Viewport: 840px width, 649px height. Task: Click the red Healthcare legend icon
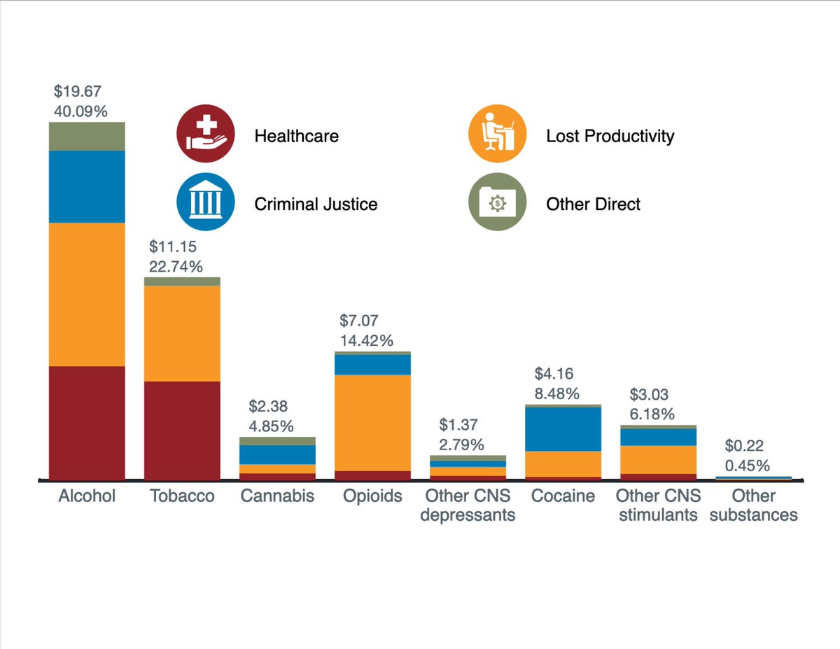tap(206, 133)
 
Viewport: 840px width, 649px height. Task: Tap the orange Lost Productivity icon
tap(498, 133)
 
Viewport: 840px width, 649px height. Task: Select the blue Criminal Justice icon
tap(206, 202)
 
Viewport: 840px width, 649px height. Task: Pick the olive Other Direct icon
tap(498, 202)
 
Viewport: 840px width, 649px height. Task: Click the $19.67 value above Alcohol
tap(77, 91)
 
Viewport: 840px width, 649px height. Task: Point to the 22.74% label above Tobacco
tap(176, 267)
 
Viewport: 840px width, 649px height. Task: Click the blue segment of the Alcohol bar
tap(87, 187)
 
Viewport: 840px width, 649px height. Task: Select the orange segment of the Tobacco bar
tap(182, 333)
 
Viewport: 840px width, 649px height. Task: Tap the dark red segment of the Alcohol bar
tap(87, 423)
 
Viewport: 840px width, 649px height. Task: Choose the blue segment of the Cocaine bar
tap(563, 429)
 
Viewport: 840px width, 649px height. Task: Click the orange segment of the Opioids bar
tap(372, 423)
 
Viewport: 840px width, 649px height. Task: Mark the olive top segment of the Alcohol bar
tap(87, 137)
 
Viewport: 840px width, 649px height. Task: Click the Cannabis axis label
tap(278, 496)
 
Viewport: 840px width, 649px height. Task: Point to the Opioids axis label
tap(372, 496)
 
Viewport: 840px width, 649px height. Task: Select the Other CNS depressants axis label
tap(468, 505)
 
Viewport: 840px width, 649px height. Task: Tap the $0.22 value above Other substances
tap(744, 446)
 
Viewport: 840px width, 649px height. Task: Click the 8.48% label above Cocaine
tap(557, 394)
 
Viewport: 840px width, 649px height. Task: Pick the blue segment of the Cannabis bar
tap(278, 454)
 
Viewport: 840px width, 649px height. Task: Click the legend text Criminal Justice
tap(316, 204)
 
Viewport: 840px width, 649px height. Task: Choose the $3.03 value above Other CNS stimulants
tap(649, 395)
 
